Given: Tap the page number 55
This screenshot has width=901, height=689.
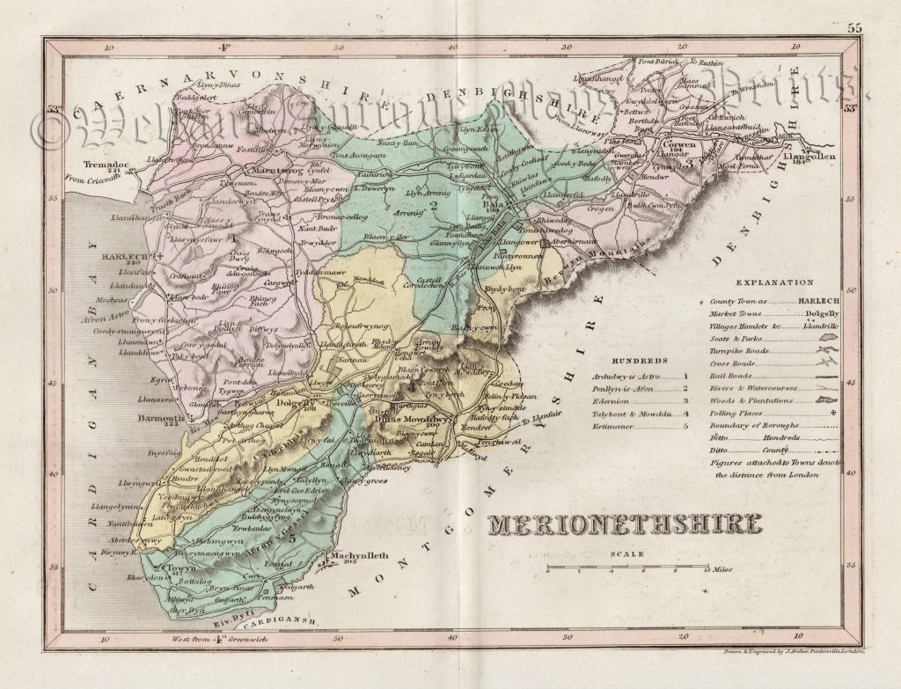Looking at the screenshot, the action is click(x=854, y=29).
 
